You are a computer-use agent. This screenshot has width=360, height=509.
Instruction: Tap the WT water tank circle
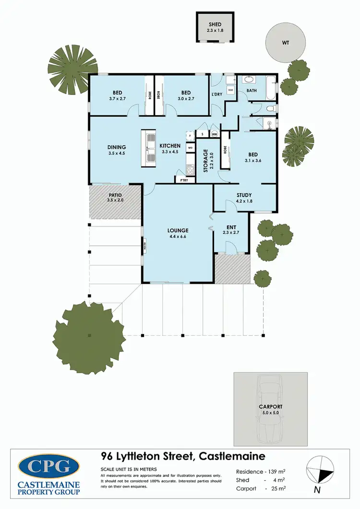click(x=285, y=42)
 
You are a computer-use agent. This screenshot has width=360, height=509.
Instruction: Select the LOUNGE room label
click(x=178, y=230)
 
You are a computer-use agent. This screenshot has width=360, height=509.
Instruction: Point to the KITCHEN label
click(x=170, y=146)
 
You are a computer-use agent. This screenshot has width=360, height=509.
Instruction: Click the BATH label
click(x=252, y=90)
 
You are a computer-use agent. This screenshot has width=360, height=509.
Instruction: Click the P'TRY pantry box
click(x=184, y=180)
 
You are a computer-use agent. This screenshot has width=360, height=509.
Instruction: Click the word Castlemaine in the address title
click(x=231, y=455)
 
